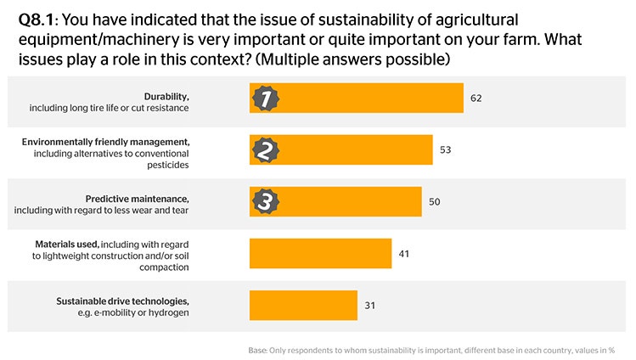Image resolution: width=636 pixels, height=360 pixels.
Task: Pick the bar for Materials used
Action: tap(320, 253)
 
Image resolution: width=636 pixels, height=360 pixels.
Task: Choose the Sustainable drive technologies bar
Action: tap(303, 305)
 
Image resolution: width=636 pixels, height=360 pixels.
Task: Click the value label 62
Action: tap(476, 98)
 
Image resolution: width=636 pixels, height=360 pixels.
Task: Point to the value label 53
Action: tap(445, 150)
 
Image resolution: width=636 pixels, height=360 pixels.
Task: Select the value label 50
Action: tap(434, 201)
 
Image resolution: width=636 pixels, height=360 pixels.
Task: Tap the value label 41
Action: tap(404, 253)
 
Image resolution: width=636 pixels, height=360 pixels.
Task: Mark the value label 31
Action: tap(369, 305)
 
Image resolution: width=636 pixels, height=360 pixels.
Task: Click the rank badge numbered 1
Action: tap(265, 98)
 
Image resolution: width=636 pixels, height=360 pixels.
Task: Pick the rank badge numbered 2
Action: tap(265, 150)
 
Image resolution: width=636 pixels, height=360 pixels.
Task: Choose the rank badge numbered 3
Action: tap(265, 201)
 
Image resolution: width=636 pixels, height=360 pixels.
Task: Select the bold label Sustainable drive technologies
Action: tap(122, 301)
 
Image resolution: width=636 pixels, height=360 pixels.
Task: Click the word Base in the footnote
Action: tap(257, 350)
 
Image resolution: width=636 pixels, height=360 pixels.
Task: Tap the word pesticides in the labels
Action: tap(166, 165)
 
